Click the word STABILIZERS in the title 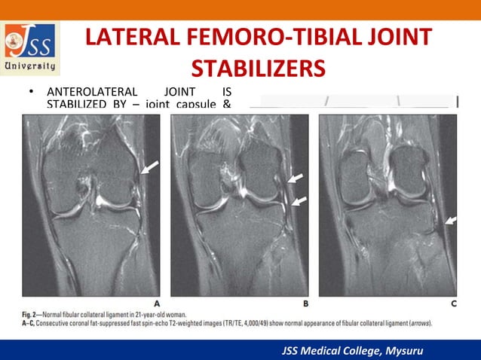(x=258, y=68)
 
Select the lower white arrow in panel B (x=299, y=201)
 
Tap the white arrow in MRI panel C (x=450, y=220)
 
